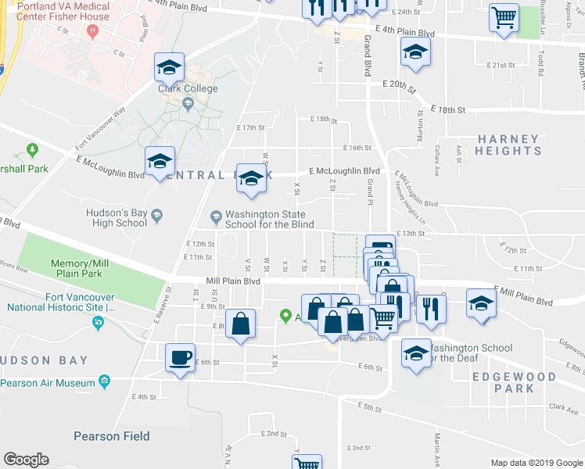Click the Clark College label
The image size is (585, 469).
click(x=188, y=88)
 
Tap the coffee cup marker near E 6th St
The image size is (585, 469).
click(x=180, y=358)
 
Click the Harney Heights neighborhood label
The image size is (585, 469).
click(x=508, y=145)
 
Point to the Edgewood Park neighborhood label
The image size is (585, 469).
click(x=514, y=382)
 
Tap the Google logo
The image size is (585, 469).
click(x=26, y=460)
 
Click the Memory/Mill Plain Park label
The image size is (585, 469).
click(x=77, y=269)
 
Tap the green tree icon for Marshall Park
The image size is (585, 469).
click(x=32, y=149)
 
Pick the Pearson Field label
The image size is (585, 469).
click(x=112, y=436)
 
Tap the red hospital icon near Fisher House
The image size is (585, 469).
click(x=92, y=31)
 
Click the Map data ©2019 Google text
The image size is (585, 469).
click(x=536, y=463)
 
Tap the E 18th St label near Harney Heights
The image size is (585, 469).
click(x=448, y=111)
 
